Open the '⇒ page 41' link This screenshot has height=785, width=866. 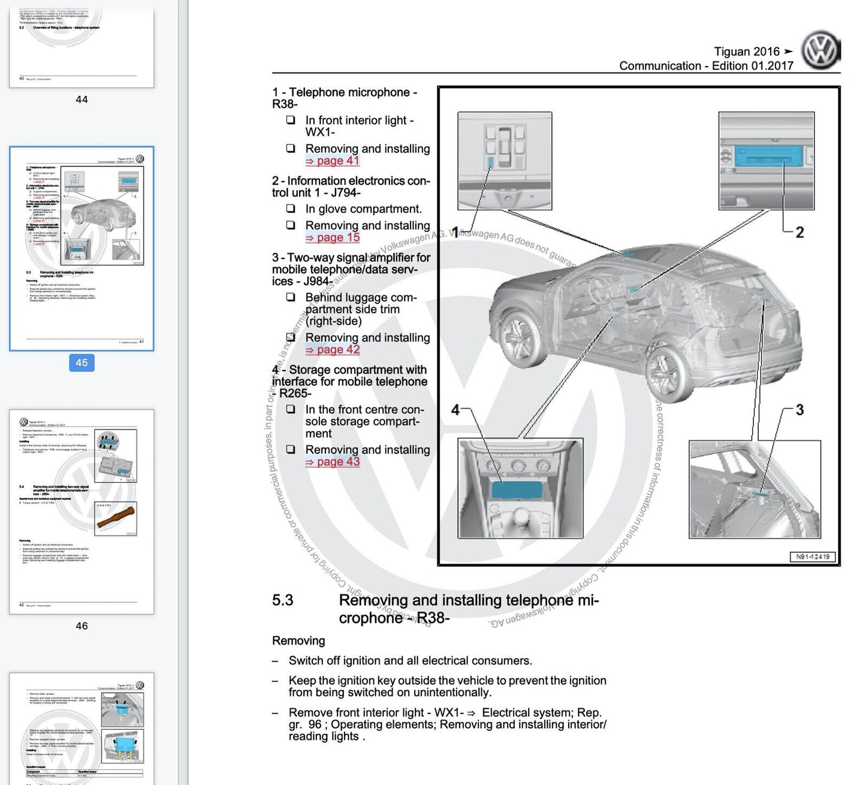click(x=333, y=161)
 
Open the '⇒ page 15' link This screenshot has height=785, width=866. click(x=333, y=237)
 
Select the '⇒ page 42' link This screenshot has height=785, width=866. click(x=333, y=350)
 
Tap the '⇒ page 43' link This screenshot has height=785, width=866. click(x=333, y=462)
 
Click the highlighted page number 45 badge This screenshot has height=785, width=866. click(x=82, y=363)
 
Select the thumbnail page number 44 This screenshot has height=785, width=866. click(x=82, y=100)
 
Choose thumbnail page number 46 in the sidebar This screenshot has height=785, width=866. click(x=82, y=625)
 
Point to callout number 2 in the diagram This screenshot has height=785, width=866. click(x=799, y=233)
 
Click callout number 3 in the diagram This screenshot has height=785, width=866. click(x=799, y=410)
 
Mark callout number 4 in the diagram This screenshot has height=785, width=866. click(x=455, y=410)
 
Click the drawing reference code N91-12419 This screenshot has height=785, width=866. click(x=813, y=557)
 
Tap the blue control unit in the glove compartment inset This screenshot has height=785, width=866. click(x=768, y=158)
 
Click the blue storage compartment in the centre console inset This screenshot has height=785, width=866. click(x=517, y=490)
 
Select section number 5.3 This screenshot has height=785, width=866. click(x=283, y=600)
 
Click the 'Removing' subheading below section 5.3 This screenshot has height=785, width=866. click(x=298, y=640)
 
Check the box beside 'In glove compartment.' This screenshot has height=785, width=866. click(x=291, y=209)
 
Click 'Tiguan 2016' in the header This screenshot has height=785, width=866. click(x=747, y=52)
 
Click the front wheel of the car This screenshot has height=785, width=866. click(x=517, y=336)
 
